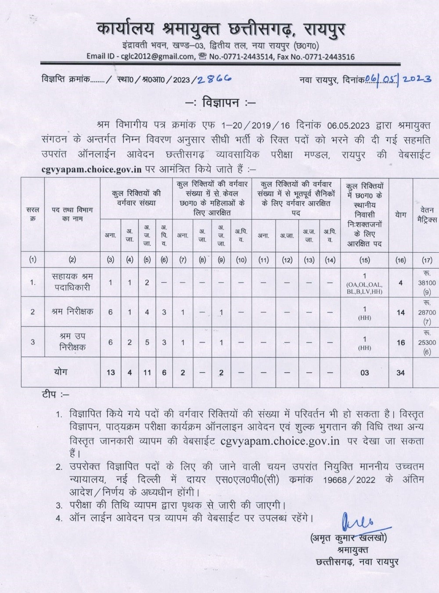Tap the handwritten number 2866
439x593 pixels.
coord(214,79)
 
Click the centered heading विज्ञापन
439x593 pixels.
coord(220,104)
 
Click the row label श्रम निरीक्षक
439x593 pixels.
coord(72,312)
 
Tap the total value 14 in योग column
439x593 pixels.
coord(400,313)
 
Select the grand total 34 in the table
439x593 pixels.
coord(400,373)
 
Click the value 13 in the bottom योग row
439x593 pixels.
coord(111,373)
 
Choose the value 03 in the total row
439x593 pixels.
coord(364,373)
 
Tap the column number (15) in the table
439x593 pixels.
coord(364,260)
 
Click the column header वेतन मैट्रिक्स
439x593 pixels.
coord(427,214)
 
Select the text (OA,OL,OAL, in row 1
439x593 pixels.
coord(364,285)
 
